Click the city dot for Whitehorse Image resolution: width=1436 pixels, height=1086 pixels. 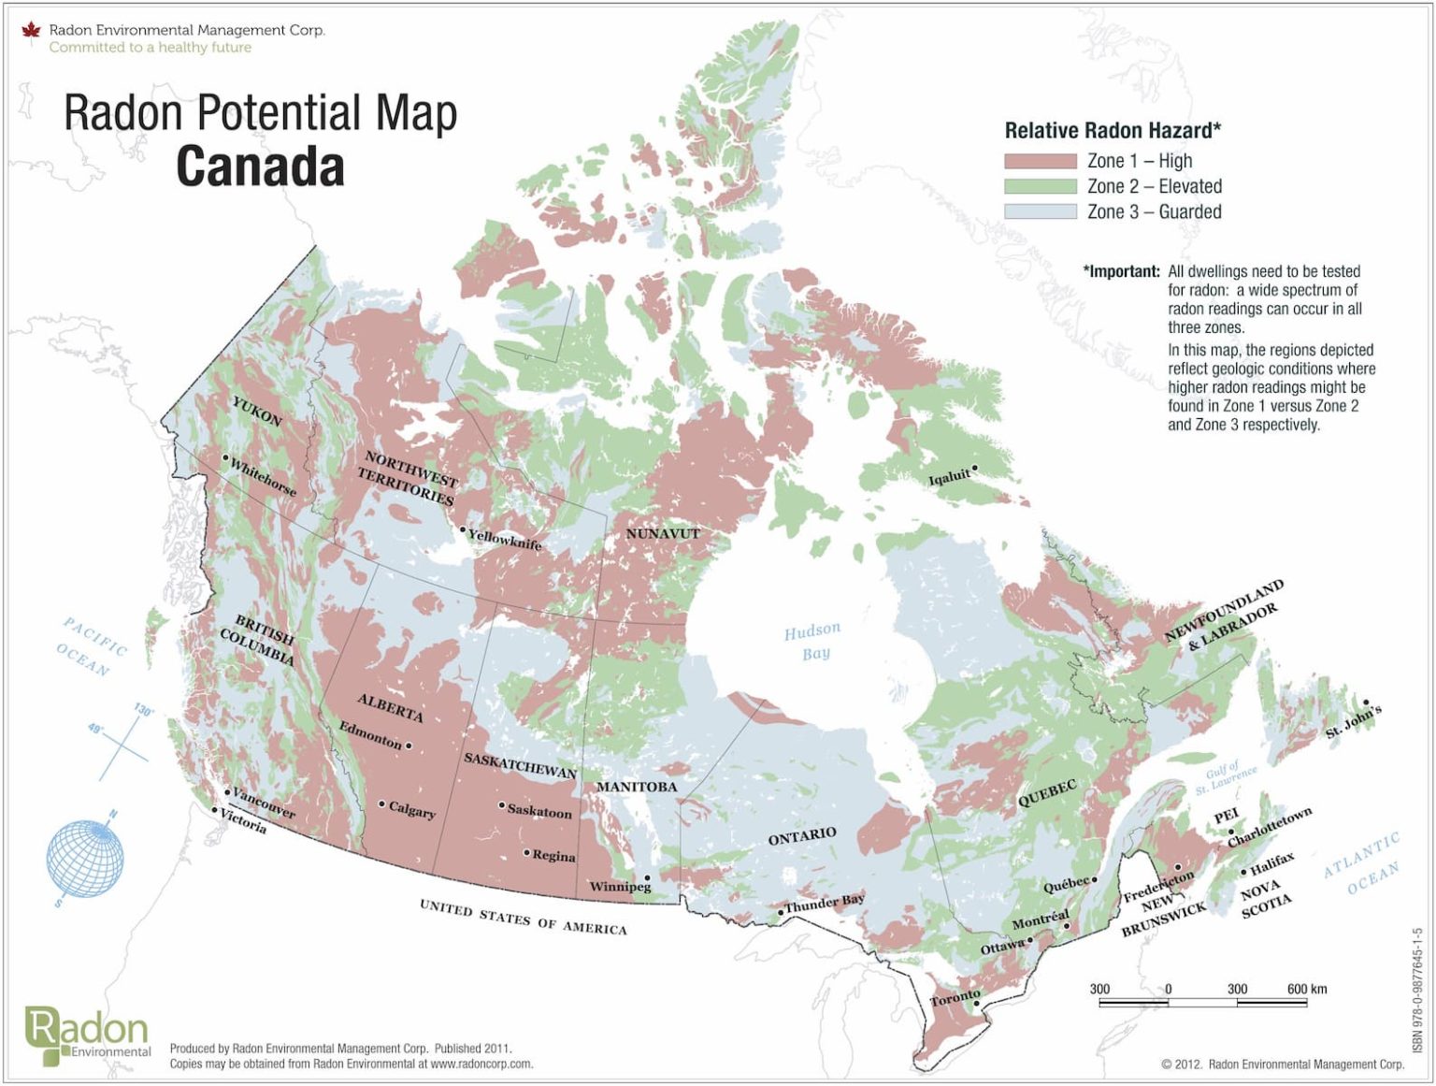[x=225, y=458]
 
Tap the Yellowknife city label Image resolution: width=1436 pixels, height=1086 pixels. [x=505, y=539]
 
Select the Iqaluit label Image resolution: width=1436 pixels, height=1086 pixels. [x=948, y=477]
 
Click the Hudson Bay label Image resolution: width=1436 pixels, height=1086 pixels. [x=812, y=642]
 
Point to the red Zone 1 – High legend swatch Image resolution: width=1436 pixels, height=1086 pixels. [x=1040, y=161]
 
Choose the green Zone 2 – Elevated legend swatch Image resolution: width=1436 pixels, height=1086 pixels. [x=1040, y=186]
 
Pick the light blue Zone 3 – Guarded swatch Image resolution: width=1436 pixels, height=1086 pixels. [x=1040, y=211]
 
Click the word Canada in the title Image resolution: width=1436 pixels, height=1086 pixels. [x=260, y=167]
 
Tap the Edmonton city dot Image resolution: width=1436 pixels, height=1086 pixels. [x=409, y=746]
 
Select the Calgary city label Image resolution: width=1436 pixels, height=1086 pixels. [x=412, y=810]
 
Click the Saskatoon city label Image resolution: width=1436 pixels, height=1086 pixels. [x=539, y=811]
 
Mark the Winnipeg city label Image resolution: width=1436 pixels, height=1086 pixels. [x=619, y=886]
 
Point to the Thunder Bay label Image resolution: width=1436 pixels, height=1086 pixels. [x=825, y=903]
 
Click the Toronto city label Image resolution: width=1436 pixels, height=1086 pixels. [x=955, y=998]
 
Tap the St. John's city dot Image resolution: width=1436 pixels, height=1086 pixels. [x=1366, y=702]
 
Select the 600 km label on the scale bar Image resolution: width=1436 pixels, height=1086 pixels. [x=1306, y=989]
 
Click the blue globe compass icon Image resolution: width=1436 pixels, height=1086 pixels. [x=85, y=858]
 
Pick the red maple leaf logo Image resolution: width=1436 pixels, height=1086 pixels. [x=32, y=31]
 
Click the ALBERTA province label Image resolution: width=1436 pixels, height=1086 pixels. [x=390, y=707]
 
